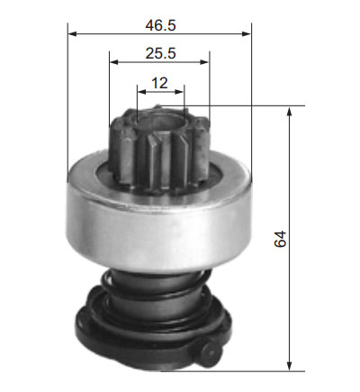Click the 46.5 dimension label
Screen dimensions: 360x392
point(160,25)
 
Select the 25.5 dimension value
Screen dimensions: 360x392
point(160,53)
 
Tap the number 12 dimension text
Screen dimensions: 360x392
point(159,83)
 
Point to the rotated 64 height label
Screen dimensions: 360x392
point(280,239)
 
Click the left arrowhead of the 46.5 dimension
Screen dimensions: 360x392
point(72,34)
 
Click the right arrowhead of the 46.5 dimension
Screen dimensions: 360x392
point(247,34)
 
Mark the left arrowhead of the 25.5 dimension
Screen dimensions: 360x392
point(113,62)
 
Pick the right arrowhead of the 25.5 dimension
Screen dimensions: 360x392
point(204,62)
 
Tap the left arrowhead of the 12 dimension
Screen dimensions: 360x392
point(141,92)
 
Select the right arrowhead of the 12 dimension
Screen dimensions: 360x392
point(180,92)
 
